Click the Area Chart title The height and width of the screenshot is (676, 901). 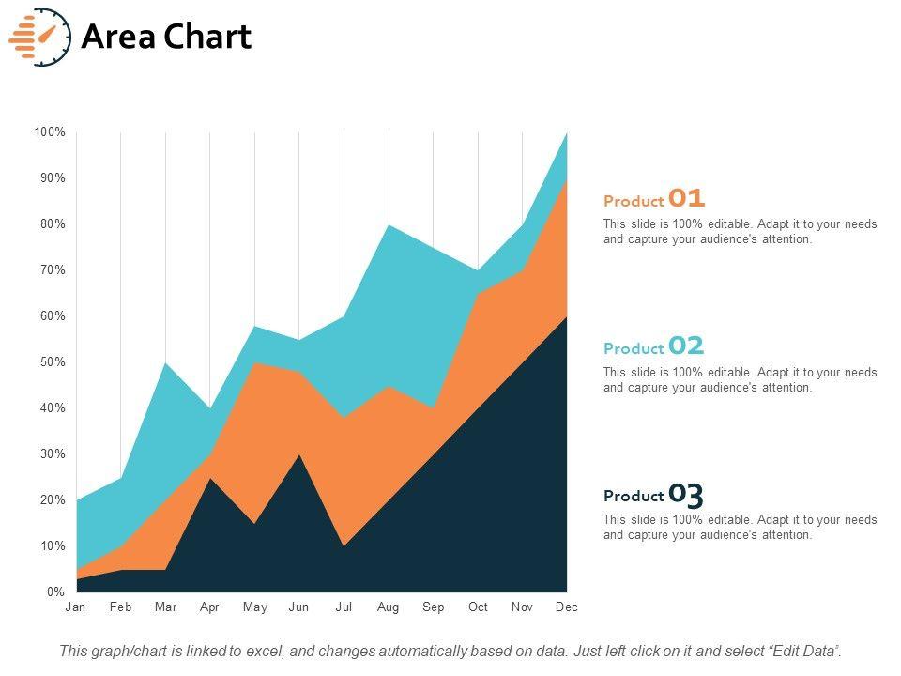(x=166, y=37)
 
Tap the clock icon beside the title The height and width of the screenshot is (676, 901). (x=40, y=37)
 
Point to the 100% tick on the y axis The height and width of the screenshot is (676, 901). (x=50, y=132)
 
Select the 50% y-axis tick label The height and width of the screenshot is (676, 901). (x=53, y=362)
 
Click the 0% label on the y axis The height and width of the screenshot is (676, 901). (x=55, y=592)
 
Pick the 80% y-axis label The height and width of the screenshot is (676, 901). (x=53, y=224)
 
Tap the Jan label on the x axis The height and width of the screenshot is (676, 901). (x=75, y=607)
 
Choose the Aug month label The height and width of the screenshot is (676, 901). (x=388, y=607)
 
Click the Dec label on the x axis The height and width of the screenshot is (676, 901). (x=566, y=607)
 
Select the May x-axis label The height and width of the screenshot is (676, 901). (x=254, y=607)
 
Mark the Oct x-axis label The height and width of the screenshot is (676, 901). (x=478, y=607)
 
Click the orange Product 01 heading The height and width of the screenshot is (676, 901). (x=654, y=199)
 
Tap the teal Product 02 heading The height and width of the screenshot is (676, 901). (x=654, y=346)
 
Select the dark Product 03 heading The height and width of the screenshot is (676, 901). (x=654, y=495)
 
